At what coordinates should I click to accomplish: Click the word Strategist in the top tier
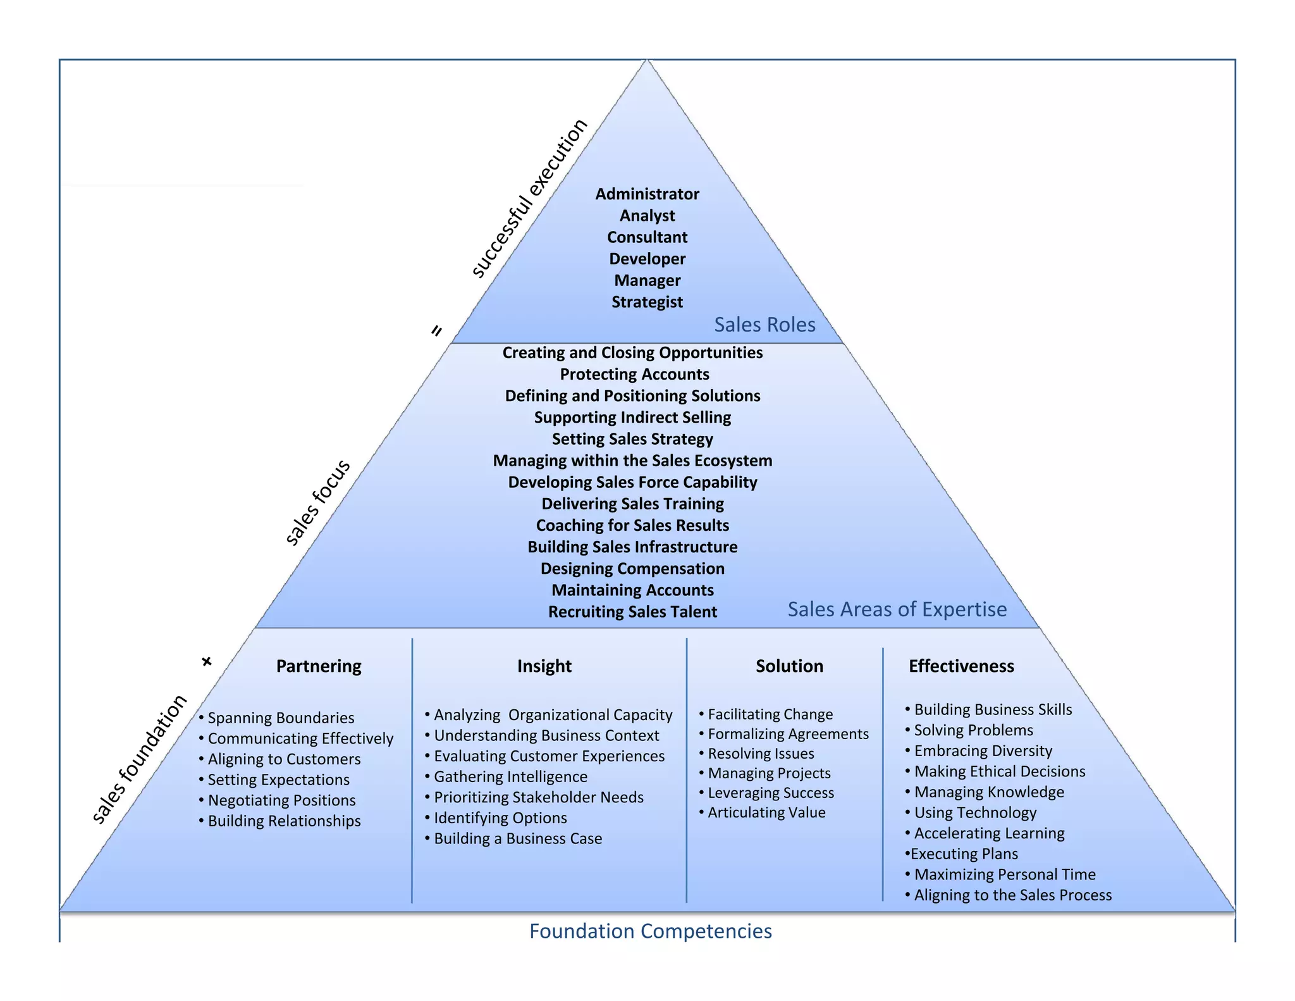click(x=647, y=302)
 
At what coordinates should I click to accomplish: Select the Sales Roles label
click(x=764, y=325)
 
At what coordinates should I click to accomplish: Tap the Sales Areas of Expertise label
click(x=897, y=609)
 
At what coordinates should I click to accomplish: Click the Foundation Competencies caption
click(x=650, y=931)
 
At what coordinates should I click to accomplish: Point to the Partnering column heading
click(x=319, y=666)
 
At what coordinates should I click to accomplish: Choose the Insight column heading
click(x=544, y=666)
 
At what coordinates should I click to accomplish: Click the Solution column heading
click(x=789, y=666)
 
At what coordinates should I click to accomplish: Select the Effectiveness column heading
click(x=961, y=666)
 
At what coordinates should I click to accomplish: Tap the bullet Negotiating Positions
click(x=281, y=800)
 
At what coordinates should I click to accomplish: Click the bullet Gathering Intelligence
click(x=510, y=777)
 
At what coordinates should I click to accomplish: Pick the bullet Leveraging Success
click(x=771, y=793)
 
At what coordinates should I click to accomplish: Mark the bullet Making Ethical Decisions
click(x=999, y=771)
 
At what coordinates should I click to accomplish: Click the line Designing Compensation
click(x=632, y=569)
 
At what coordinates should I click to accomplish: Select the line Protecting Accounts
click(x=634, y=375)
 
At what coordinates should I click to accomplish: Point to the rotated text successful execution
click(x=529, y=197)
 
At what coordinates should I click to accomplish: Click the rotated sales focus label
click(x=317, y=502)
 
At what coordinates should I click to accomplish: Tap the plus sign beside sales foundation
click(x=207, y=662)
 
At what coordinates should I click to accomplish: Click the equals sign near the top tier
click(x=436, y=330)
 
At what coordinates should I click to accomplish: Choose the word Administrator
click(x=647, y=194)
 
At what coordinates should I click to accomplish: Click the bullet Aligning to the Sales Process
click(x=1012, y=895)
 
